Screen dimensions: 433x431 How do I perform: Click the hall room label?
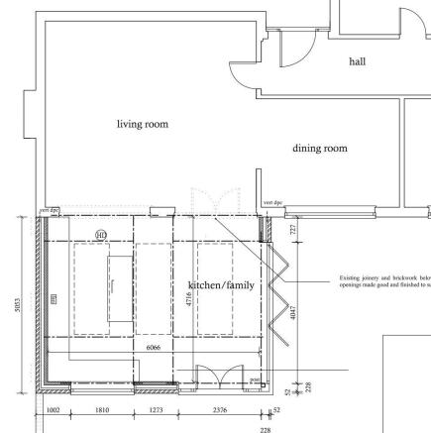click(x=357, y=61)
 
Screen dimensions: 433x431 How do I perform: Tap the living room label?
click(x=143, y=124)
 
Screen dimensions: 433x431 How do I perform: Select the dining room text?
click(x=320, y=149)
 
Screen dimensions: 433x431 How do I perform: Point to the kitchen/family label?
click(x=221, y=285)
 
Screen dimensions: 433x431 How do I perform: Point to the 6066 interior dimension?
click(x=153, y=349)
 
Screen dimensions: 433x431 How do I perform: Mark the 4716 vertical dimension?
click(x=189, y=303)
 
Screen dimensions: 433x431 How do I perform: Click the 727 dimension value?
click(x=292, y=229)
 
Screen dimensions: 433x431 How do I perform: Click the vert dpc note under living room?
click(x=47, y=210)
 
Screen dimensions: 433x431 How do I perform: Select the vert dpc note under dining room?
click(x=270, y=203)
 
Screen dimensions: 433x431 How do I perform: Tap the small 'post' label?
click(x=255, y=379)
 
